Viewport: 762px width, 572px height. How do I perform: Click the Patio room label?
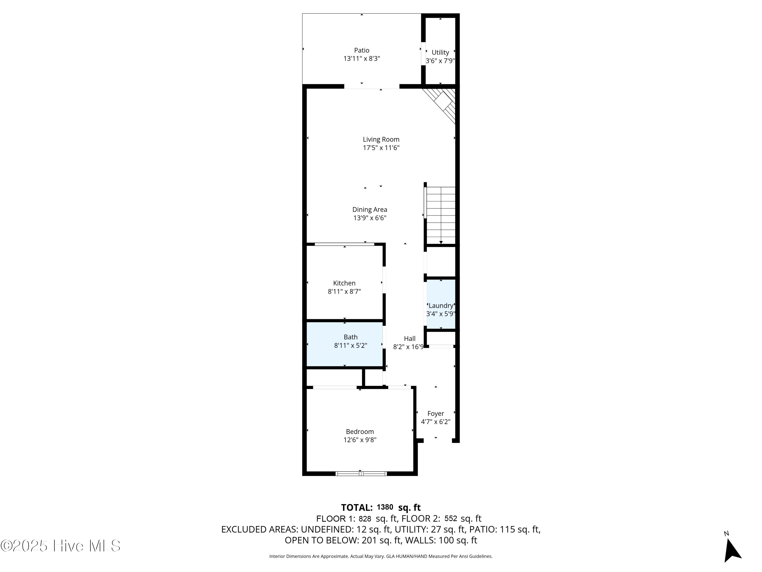coord(361,50)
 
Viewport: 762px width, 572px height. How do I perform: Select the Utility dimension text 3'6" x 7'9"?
coord(440,61)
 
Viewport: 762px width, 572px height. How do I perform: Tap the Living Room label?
coord(381,139)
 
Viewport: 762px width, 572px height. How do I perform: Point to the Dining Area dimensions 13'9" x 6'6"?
coord(370,218)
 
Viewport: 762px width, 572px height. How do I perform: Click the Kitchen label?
coord(344,283)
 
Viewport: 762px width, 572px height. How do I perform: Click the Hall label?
coord(410,339)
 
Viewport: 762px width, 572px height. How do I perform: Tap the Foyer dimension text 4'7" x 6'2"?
coord(435,422)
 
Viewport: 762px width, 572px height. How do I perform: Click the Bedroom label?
coord(360,432)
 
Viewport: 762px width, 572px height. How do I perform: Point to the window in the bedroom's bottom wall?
coord(361,474)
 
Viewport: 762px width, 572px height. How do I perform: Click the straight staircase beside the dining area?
coord(441,216)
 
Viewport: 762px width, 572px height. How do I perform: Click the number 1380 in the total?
coord(385,507)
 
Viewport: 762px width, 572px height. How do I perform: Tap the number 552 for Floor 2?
coord(451,519)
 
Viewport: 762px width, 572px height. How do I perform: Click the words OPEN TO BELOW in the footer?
coord(321,540)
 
